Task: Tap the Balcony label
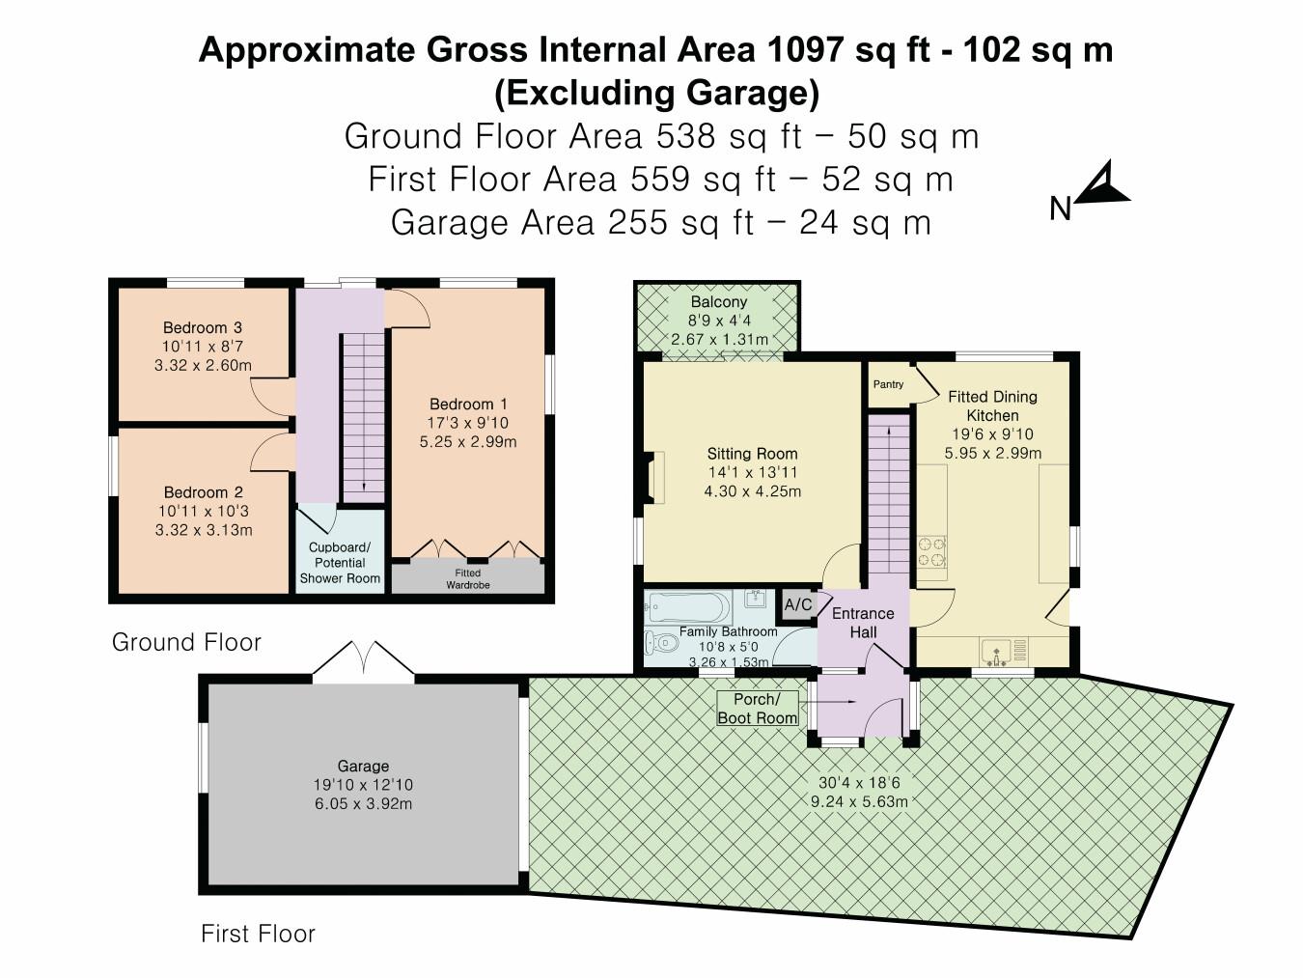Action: pos(718,302)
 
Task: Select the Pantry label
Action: pos(888,384)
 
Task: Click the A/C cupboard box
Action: pos(798,604)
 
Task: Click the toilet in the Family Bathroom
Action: pos(661,642)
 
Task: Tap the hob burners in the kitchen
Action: pos(931,550)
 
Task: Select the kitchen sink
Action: pos(997,649)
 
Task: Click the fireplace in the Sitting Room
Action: pos(654,478)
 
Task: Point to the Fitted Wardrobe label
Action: pos(468,578)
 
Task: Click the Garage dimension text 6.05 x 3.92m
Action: pos(363,803)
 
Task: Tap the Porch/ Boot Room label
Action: pos(758,708)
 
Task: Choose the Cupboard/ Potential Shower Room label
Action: pos(340,562)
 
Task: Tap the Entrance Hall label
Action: pos(863,623)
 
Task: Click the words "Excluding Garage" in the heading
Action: pos(656,94)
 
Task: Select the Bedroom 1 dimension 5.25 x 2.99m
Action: pos(468,442)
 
